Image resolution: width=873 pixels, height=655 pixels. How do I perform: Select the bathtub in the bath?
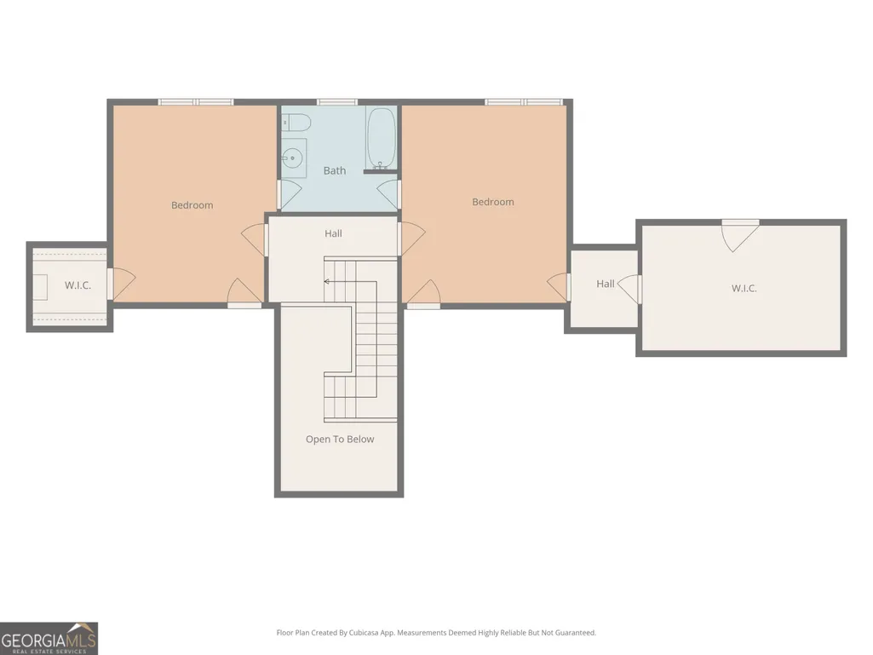(x=381, y=138)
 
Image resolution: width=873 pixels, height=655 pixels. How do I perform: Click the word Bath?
(x=335, y=170)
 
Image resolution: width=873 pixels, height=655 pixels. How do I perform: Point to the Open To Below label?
(x=340, y=439)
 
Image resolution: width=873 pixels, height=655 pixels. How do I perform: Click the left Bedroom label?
(x=192, y=205)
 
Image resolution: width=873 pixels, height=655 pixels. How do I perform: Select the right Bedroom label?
(x=493, y=202)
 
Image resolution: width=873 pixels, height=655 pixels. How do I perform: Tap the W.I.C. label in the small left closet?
(x=78, y=285)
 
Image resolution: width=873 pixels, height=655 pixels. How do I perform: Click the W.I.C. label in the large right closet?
(x=744, y=288)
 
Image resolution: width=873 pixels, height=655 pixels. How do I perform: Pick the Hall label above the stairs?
(x=334, y=233)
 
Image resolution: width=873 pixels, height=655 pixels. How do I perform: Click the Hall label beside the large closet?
(x=606, y=284)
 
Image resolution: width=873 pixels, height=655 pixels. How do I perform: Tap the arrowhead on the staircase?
(x=327, y=282)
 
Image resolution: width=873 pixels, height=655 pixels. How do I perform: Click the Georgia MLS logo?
(x=49, y=638)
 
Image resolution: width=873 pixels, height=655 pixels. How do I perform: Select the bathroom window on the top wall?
(x=336, y=102)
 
